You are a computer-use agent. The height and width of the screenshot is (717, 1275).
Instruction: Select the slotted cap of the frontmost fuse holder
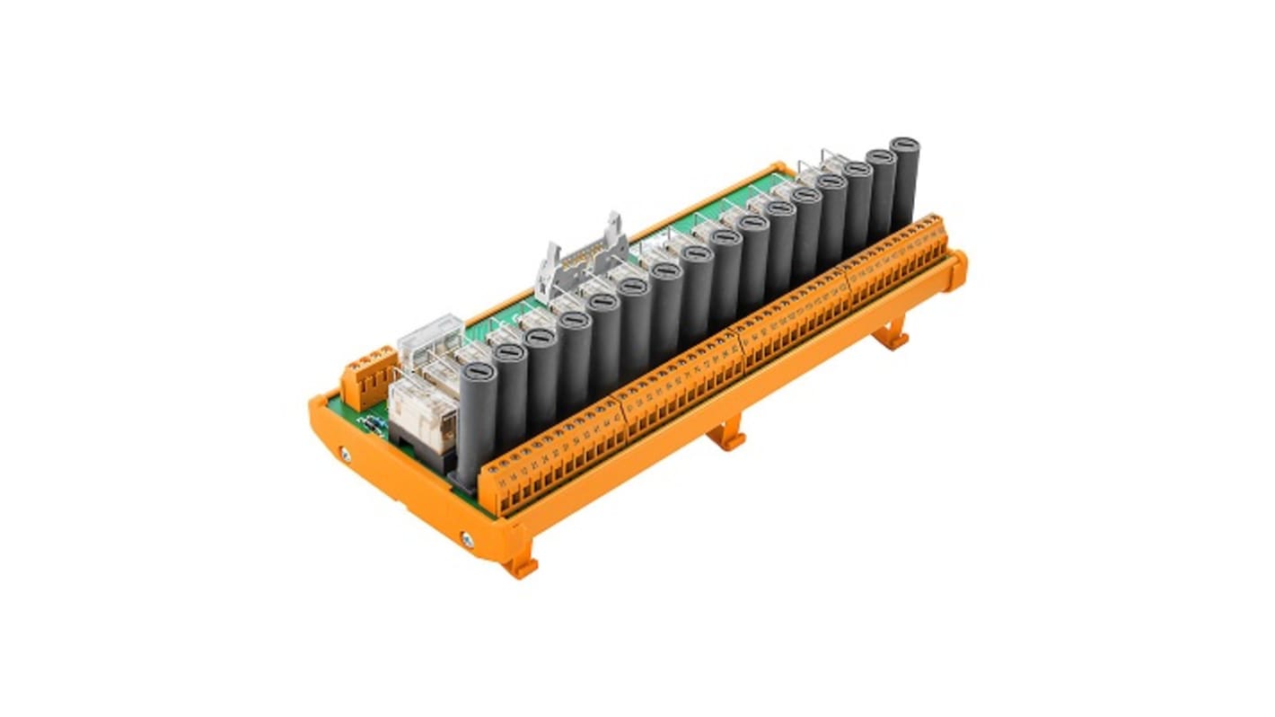point(477,369)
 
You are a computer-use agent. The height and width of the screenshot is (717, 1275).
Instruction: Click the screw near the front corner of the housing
point(468,538)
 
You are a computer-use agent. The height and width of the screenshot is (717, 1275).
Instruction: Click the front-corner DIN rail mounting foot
point(521,566)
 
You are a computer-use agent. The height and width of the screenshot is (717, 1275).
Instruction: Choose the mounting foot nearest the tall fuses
point(892,337)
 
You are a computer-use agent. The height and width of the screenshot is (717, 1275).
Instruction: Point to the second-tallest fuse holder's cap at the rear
point(881,155)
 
